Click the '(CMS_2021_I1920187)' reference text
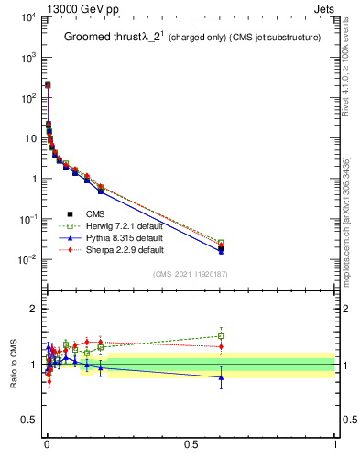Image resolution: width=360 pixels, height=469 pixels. click(190, 274)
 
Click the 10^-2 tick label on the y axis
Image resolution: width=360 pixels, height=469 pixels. click(25, 259)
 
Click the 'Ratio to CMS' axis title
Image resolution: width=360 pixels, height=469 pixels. click(14, 364)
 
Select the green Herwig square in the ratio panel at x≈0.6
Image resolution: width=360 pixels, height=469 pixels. click(221, 335)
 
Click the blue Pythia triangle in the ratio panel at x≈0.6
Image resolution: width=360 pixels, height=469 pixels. click(221, 377)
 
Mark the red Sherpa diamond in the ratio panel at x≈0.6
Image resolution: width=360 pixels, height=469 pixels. click(221, 346)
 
